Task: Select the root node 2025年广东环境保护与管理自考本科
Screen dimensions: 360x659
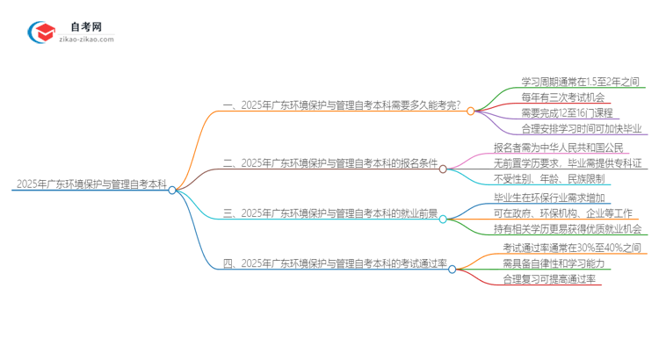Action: click(91, 184)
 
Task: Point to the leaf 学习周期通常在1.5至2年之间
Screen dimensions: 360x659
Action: click(580, 80)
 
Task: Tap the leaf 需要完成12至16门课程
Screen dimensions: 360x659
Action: click(567, 113)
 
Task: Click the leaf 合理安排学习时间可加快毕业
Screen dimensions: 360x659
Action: click(580, 130)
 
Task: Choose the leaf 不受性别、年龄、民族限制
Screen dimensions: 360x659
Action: click(554, 179)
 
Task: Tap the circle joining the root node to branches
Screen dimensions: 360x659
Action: click(172, 189)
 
